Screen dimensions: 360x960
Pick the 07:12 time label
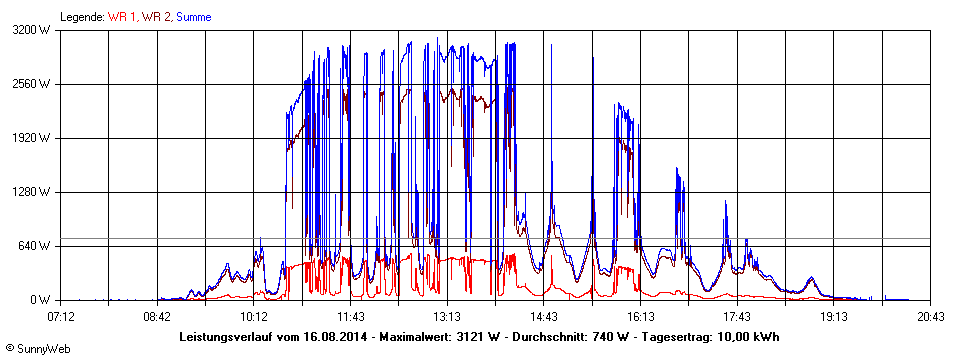click(x=61, y=316)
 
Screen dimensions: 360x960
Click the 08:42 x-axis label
click(x=157, y=316)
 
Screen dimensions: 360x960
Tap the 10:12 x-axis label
click(x=254, y=316)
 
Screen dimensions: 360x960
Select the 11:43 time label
click(x=350, y=316)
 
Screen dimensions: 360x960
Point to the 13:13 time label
click(x=447, y=316)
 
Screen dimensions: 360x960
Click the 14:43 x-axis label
click(x=543, y=316)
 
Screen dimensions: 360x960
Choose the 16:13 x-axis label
click(x=640, y=316)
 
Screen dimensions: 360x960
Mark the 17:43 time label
click(x=736, y=316)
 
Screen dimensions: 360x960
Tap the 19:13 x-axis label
click(x=833, y=316)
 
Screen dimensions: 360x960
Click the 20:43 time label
click(x=929, y=316)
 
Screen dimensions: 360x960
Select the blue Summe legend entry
click(x=194, y=16)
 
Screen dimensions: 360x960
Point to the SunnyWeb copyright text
click(x=36, y=349)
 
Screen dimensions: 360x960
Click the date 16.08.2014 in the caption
click(x=336, y=336)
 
